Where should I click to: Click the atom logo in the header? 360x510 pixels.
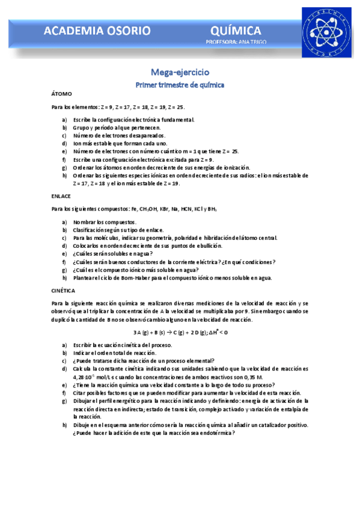tap(328, 34)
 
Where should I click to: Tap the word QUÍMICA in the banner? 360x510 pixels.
tap(236, 31)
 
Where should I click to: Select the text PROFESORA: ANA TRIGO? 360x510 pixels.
tap(236, 42)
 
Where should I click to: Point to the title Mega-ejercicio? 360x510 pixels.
tap(180, 72)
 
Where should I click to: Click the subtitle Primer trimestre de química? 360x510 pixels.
tap(180, 85)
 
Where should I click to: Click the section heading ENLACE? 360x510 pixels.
tap(61, 196)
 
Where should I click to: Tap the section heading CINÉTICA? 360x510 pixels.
tap(63, 290)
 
